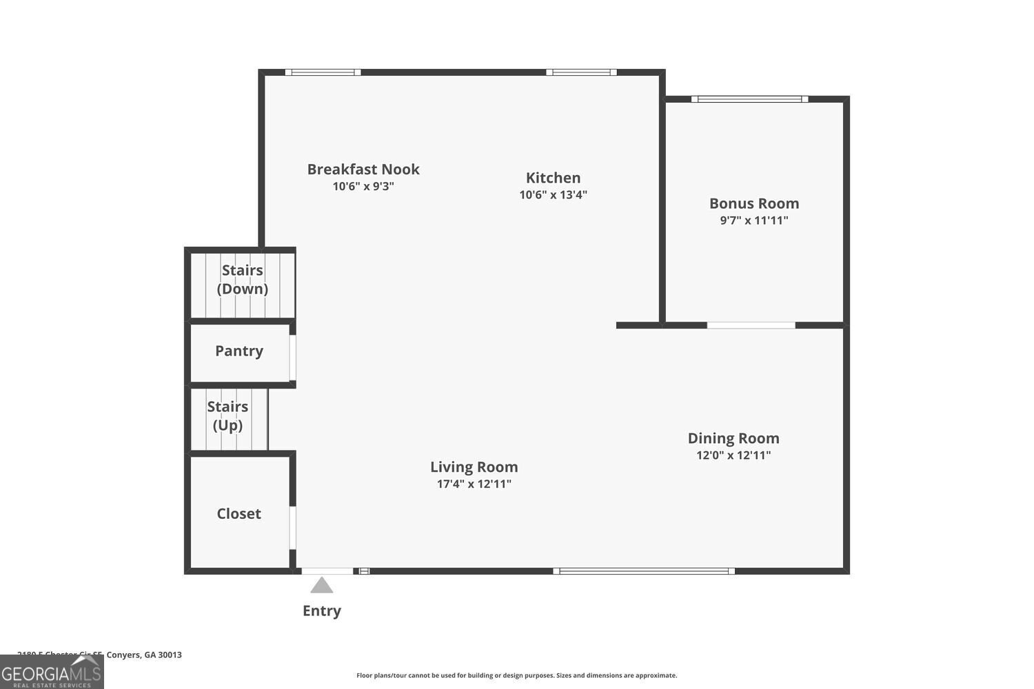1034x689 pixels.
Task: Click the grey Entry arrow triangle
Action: tap(322, 586)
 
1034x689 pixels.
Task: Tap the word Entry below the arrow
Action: tap(322, 610)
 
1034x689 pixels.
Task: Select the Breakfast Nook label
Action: tap(363, 169)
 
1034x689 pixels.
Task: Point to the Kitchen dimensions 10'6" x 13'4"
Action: tap(553, 194)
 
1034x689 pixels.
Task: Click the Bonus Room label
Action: tap(754, 203)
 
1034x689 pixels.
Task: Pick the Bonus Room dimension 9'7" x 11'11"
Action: tap(754, 220)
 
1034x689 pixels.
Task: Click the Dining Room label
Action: tap(733, 438)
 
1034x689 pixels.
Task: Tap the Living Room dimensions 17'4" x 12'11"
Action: tap(474, 484)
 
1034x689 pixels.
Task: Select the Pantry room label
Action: tap(239, 351)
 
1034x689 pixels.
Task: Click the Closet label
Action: tap(239, 513)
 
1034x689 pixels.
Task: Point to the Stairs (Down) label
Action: tap(242, 279)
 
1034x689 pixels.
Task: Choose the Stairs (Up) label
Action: tap(227, 415)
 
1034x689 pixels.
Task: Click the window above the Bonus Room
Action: tap(750, 99)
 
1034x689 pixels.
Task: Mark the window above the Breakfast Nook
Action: tap(323, 72)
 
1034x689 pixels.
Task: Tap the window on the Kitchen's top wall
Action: tap(581, 72)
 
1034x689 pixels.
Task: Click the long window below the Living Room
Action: tap(644, 570)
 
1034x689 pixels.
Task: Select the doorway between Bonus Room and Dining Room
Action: tap(751, 325)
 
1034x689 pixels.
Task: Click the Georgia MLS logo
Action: tap(52, 672)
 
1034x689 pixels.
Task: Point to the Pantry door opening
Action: tap(292, 357)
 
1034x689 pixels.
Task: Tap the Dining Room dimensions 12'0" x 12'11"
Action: tap(733, 455)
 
